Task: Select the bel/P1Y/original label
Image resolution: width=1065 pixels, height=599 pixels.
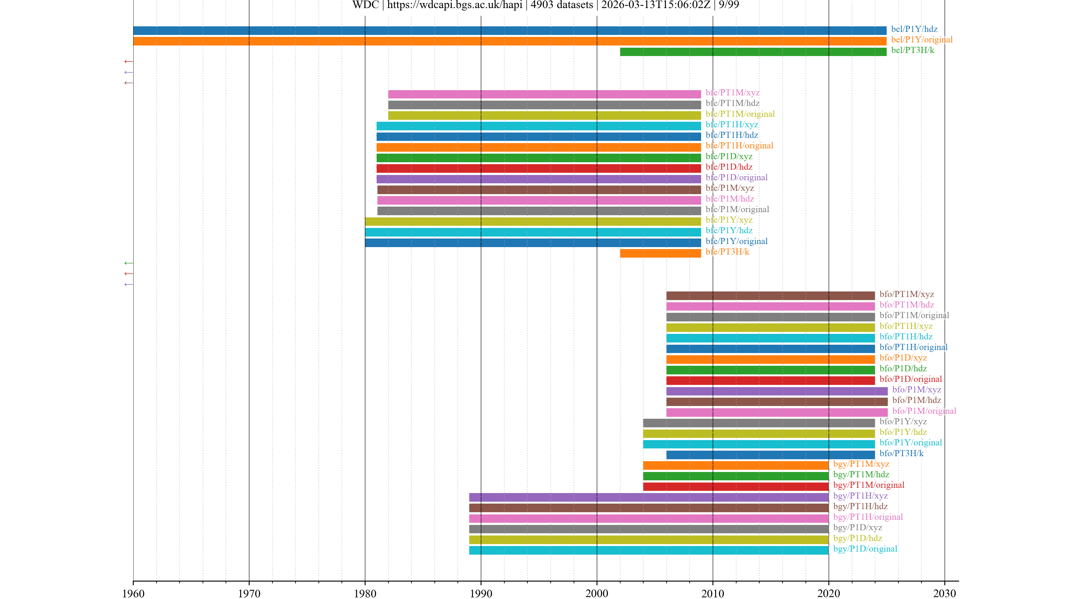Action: pyautogui.click(x=922, y=40)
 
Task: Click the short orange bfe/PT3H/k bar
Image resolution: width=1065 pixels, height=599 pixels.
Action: pyautogui.click(x=660, y=253)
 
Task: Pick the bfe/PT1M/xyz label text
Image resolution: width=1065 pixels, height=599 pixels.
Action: pyautogui.click(x=732, y=93)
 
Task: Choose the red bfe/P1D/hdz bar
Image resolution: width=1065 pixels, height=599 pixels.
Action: pyautogui.click(x=538, y=168)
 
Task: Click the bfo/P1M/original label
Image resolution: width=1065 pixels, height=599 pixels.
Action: pyautogui.click(x=924, y=411)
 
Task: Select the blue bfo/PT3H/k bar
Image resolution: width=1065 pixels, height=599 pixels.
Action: pyautogui.click(x=770, y=455)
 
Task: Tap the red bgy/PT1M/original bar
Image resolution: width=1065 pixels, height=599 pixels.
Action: pyautogui.click(x=736, y=487)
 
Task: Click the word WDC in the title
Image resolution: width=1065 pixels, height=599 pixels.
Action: pyautogui.click(x=366, y=5)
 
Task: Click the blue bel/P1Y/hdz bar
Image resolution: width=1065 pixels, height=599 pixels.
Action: pyautogui.click(x=509, y=31)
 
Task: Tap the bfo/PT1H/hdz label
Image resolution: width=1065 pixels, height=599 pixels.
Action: pyautogui.click(x=906, y=336)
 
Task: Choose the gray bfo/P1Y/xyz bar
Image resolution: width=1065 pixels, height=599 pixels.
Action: pyautogui.click(x=759, y=423)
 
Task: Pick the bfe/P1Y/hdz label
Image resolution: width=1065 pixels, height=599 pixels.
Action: pyautogui.click(x=729, y=230)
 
